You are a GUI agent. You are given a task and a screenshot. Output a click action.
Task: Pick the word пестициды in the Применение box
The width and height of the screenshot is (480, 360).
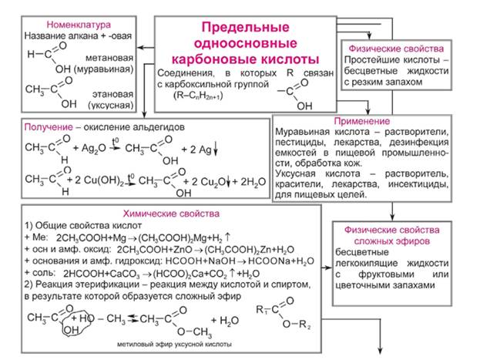[x=300, y=144]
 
